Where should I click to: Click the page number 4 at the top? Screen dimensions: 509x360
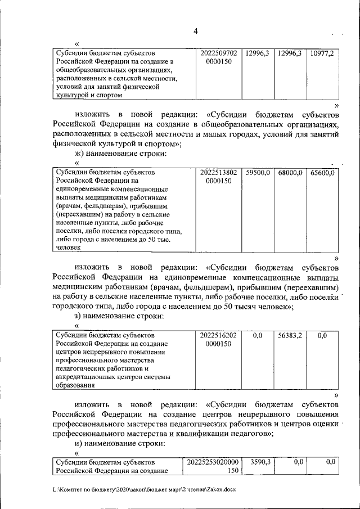195,31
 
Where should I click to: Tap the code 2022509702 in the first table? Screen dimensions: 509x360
219,53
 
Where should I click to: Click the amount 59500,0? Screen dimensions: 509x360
258,173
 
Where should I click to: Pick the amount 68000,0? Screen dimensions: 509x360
290,173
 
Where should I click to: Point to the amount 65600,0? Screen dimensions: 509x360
322,173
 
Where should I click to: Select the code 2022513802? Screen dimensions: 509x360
219,173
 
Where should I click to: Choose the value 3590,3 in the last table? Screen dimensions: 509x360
260,461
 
